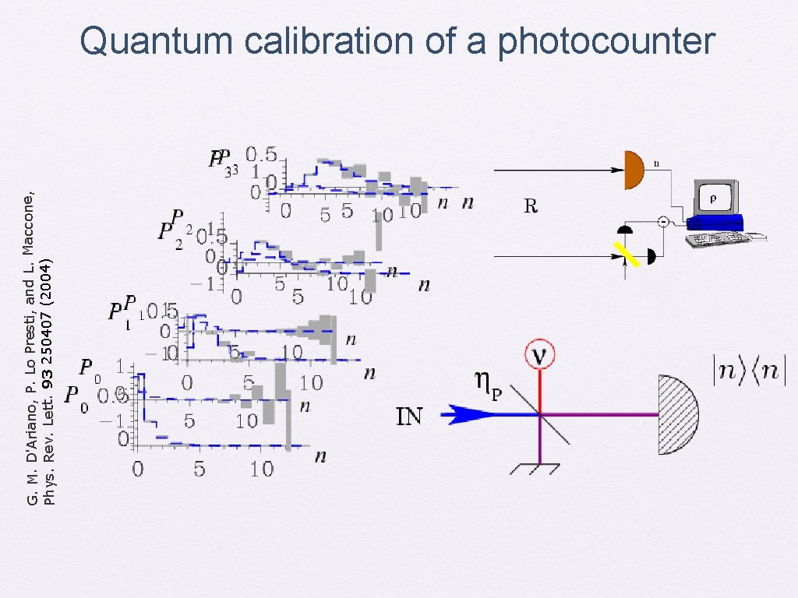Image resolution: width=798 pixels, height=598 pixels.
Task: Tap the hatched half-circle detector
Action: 676,414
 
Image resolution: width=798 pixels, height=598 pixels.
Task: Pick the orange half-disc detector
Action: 634,170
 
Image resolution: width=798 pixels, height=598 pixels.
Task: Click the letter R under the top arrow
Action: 531,206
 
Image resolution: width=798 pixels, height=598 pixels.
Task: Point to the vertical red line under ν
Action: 539,389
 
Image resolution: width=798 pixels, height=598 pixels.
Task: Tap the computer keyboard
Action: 718,238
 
